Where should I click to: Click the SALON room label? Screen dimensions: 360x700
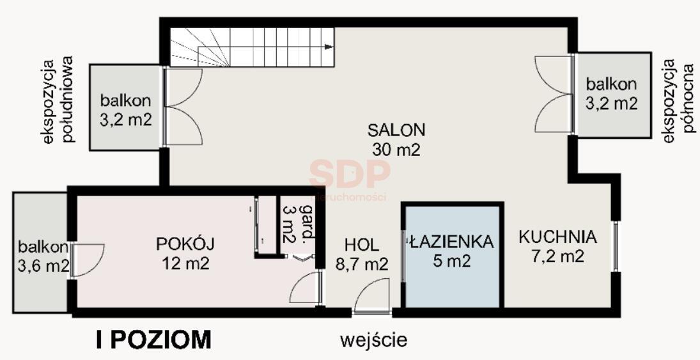(396, 130)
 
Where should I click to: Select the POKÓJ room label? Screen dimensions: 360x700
(185, 244)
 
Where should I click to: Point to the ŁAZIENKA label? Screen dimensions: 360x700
(451, 242)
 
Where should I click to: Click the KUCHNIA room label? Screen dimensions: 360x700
(557, 237)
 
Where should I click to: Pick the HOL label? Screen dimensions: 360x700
(362, 245)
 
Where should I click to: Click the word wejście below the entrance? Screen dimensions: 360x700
(374, 339)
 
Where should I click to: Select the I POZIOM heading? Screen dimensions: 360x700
(153, 340)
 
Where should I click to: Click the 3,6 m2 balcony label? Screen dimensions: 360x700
(43, 264)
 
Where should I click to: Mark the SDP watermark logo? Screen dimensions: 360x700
(350, 173)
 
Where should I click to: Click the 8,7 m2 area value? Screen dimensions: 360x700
(362, 263)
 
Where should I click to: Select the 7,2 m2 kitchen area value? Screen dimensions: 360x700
(557, 256)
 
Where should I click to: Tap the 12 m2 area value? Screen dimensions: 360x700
(185, 263)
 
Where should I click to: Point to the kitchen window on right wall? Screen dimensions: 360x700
(616, 246)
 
